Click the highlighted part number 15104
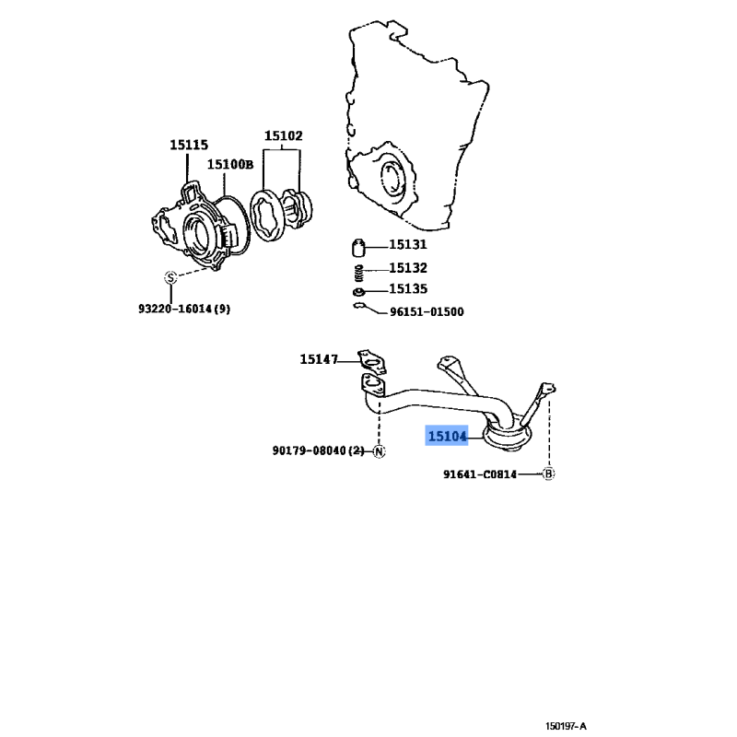[447, 436]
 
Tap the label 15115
[188, 145]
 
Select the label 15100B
[229, 165]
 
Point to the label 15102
[283, 135]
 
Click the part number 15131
[407, 246]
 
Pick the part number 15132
[407, 268]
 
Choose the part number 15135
[407, 289]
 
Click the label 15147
[319, 359]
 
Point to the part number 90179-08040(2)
[318, 450]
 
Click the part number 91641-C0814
[479, 474]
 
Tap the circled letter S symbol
[170, 277]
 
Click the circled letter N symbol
[379, 450]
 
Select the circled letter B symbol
[548, 474]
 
